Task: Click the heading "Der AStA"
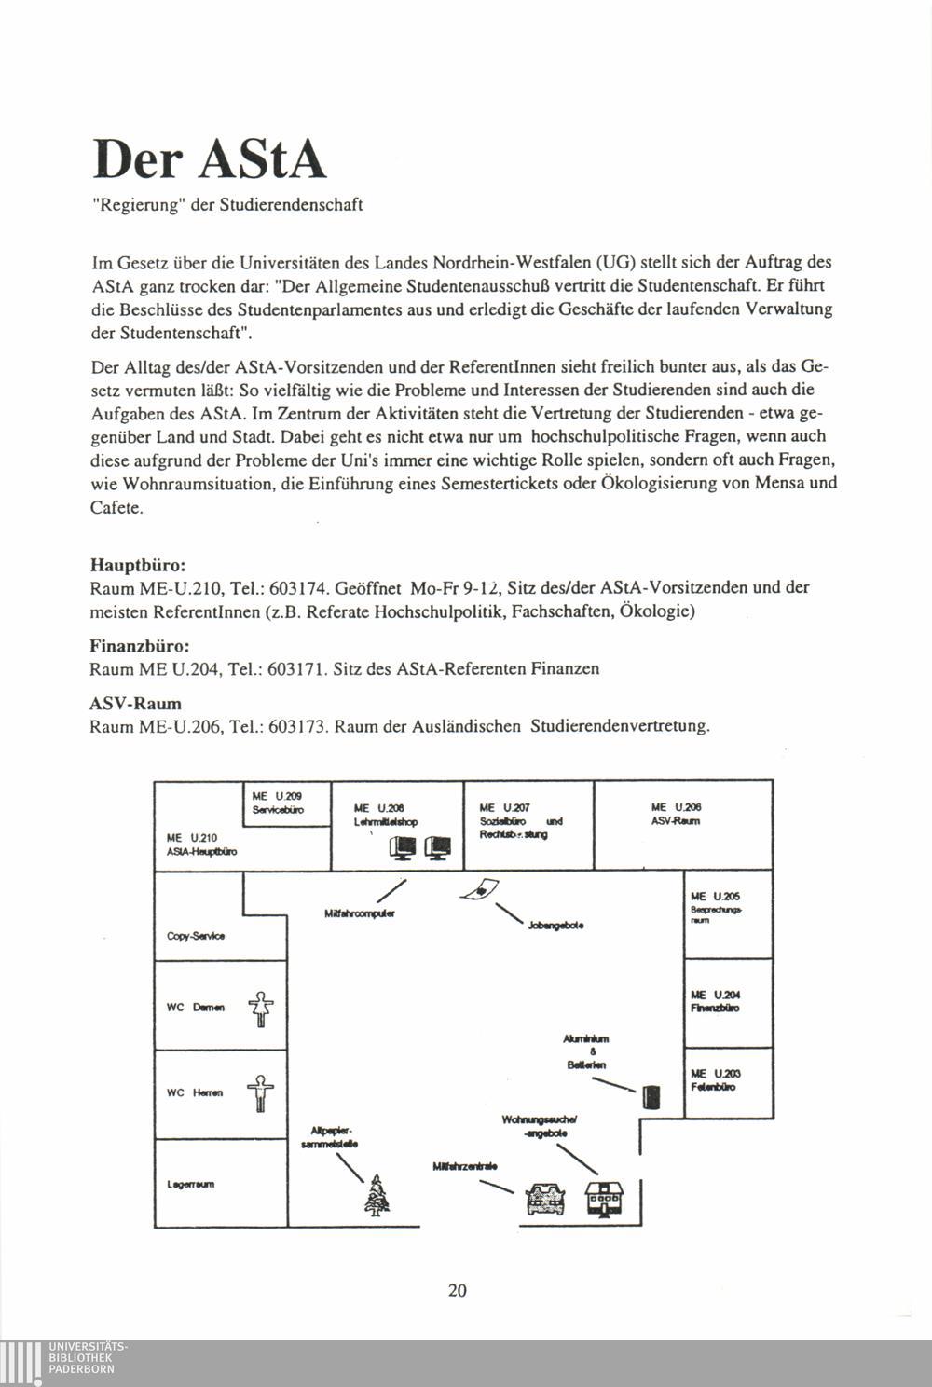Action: click(210, 158)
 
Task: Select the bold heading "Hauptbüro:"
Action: click(138, 565)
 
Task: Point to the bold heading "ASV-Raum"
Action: click(135, 703)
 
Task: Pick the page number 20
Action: click(457, 1290)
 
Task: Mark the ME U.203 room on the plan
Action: click(715, 1080)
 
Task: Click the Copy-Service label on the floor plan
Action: click(196, 936)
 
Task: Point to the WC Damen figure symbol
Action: click(261, 1009)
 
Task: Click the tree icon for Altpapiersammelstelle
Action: click(377, 1194)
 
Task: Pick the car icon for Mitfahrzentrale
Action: click(546, 1199)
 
